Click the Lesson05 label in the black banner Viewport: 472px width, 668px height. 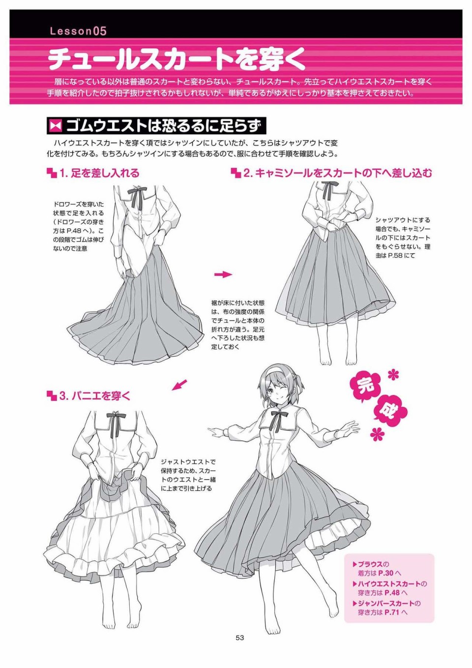[78, 31]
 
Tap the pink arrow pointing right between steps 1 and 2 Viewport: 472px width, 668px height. [223, 274]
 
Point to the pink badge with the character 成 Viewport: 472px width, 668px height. [391, 413]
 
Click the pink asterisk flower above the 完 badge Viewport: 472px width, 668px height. [393, 375]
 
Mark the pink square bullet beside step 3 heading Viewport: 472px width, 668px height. [52, 396]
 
